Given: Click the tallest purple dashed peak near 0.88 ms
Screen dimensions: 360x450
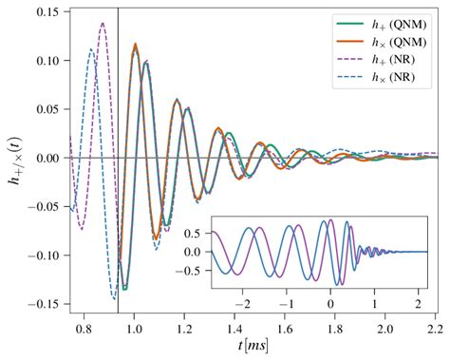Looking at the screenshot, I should [x=103, y=24].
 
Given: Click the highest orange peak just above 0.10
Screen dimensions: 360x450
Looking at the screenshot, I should [x=135, y=44].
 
